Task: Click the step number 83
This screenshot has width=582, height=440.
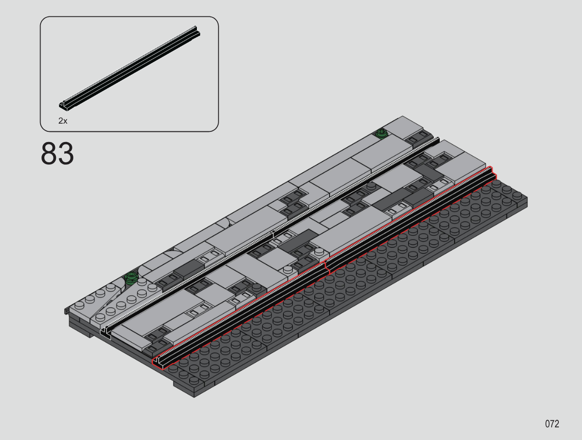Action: click(x=57, y=154)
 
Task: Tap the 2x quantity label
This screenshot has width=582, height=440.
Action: click(x=63, y=121)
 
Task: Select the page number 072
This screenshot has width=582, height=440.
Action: click(x=552, y=424)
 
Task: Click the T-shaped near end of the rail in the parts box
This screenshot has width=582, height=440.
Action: click(x=64, y=106)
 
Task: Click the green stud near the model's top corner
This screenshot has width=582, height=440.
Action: click(x=382, y=133)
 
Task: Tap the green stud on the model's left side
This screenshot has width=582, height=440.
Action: click(x=131, y=278)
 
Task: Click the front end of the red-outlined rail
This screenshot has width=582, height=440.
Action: click(x=159, y=363)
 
